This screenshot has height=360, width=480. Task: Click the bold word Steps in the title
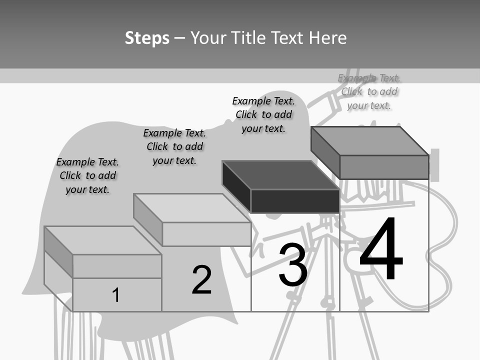coord(147,38)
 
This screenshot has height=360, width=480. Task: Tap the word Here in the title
coord(327,37)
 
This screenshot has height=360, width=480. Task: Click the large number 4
coord(381,248)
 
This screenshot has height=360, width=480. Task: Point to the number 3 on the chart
coord(293,264)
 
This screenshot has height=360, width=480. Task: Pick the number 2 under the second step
coord(201,279)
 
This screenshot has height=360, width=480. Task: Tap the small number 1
coord(115,295)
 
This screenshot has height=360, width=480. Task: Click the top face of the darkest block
coord(280,175)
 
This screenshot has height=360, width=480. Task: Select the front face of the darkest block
coord(295,201)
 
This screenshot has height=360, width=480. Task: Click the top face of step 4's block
coord(370,141)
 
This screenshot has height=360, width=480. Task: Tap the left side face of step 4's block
coord(325,152)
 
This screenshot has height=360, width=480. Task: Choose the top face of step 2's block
coord(192,208)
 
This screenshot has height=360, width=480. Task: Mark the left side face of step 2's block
coord(148,219)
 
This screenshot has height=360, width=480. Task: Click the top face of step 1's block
coord(103,240)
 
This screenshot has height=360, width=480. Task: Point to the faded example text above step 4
coord(369,91)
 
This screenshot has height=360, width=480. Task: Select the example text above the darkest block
coord(263,115)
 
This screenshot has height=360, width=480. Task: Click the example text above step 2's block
coord(174,146)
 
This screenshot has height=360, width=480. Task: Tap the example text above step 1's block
coord(87,175)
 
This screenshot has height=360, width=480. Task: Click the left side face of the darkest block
coord(236,186)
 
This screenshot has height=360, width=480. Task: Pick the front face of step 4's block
coord(384,167)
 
